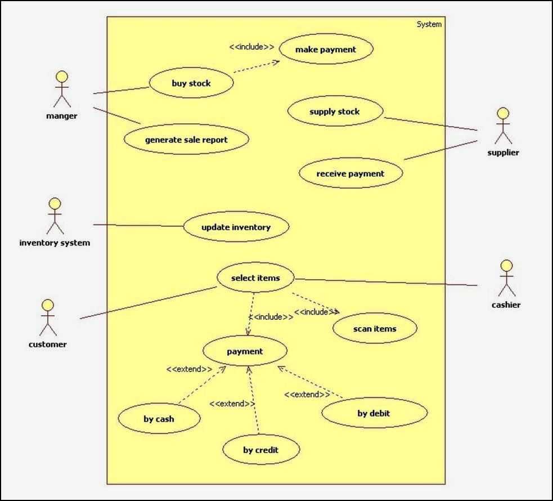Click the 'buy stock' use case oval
(x=191, y=83)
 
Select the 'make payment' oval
(x=326, y=50)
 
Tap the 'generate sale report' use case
(x=186, y=140)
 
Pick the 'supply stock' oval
(x=335, y=111)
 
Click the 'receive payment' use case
(x=350, y=173)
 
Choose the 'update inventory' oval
(x=236, y=227)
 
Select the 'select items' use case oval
(x=255, y=278)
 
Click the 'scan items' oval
(x=375, y=329)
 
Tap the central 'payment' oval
(x=245, y=351)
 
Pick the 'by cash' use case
(x=159, y=419)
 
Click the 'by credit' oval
(x=261, y=450)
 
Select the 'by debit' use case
(x=374, y=414)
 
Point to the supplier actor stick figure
(x=503, y=126)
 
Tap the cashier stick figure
(x=507, y=278)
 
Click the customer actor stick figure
(x=48, y=318)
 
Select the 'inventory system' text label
(x=55, y=243)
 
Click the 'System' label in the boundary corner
(x=429, y=24)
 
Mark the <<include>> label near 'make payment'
(x=251, y=47)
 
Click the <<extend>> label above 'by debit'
(x=307, y=395)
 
